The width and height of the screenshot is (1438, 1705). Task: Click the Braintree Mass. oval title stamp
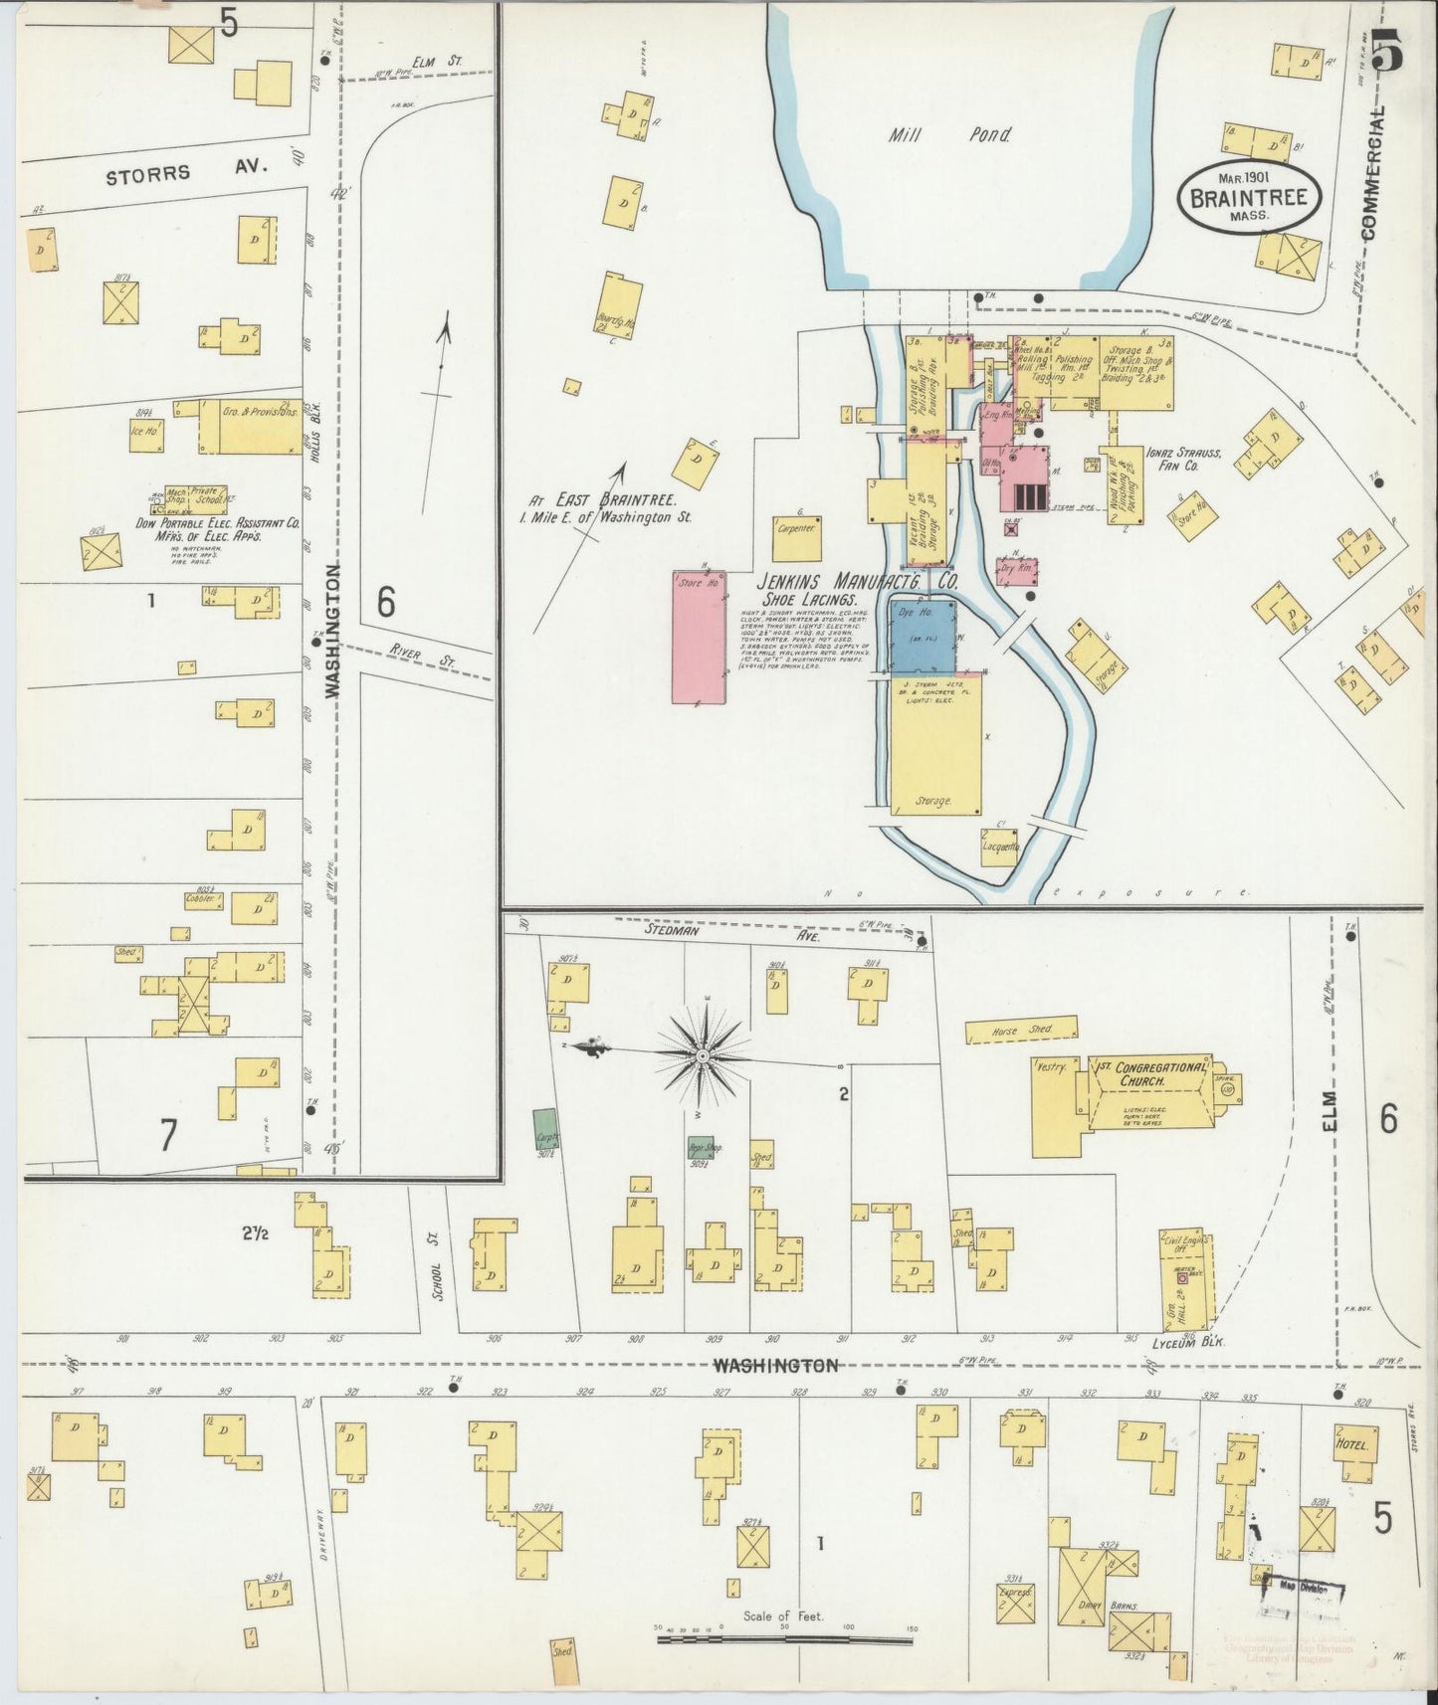(x=1251, y=195)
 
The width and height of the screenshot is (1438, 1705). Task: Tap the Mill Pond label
(x=948, y=135)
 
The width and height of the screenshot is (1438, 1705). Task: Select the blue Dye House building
(x=923, y=635)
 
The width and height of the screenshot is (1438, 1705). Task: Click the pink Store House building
(x=699, y=637)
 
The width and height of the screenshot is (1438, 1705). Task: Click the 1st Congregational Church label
(x=1151, y=1074)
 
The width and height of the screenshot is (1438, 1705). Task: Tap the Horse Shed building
(x=1022, y=1030)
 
